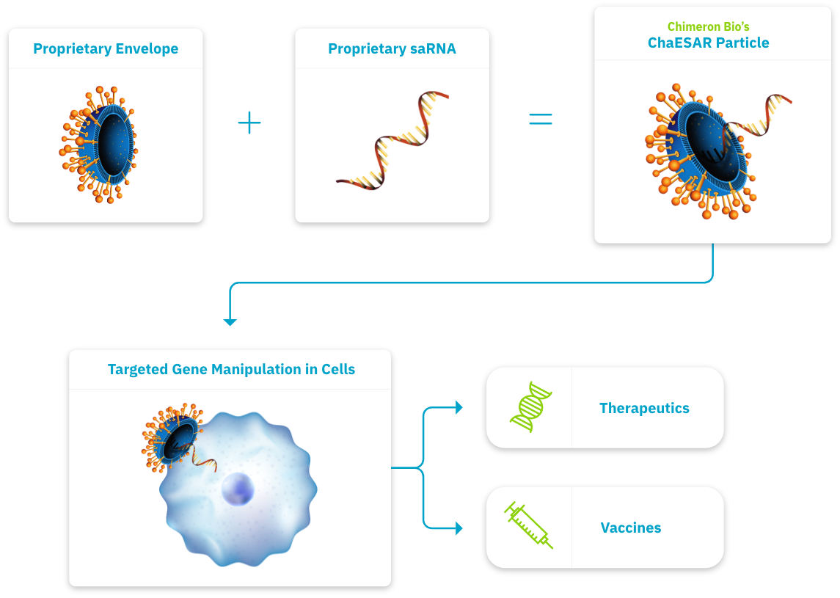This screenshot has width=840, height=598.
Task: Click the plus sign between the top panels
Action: coord(249,123)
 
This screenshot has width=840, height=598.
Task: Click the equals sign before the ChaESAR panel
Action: coord(541,119)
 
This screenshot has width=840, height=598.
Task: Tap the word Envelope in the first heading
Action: coord(147,48)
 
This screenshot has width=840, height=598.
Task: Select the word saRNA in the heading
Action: coord(433,48)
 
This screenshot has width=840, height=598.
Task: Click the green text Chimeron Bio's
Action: coord(708,27)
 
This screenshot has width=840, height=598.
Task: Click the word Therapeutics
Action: coord(644,408)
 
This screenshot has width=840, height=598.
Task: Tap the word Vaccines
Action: coord(630,528)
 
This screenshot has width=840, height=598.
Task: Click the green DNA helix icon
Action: coord(531,406)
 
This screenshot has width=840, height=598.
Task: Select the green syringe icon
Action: coord(528,525)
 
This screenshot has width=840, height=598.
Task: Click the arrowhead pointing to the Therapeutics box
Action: coord(459,407)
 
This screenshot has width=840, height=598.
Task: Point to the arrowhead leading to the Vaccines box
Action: coord(459,528)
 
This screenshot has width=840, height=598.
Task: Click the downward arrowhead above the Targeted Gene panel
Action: coord(230,322)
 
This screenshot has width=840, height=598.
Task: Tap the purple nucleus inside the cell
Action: coord(238,489)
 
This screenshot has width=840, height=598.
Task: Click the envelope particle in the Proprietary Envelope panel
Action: coord(98,145)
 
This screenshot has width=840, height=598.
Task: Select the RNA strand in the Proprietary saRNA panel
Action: coord(392,141)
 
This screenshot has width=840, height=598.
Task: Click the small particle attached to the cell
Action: coord(172,438)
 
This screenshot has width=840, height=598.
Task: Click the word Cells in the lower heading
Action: coord(338,369)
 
